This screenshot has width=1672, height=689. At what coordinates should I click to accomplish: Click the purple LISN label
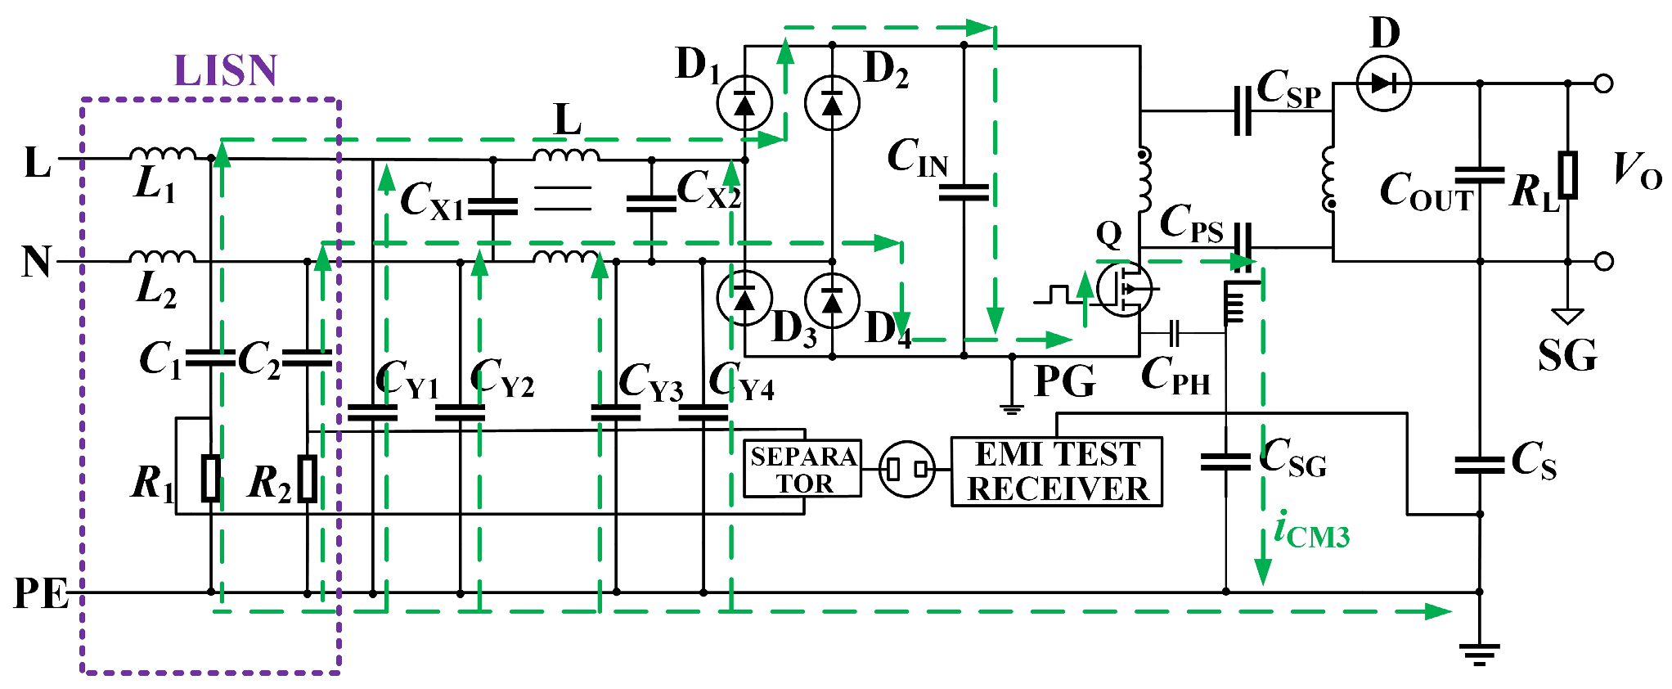(x=226, y=71)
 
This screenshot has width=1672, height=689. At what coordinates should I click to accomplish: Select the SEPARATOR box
(x=802, y=469)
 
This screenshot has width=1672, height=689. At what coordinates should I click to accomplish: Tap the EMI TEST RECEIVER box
(x=1056, y=472)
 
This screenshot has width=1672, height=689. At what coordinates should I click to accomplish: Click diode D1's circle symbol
(x=744, y=103)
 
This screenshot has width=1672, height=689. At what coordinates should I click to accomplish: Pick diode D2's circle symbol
(x=832, y=103)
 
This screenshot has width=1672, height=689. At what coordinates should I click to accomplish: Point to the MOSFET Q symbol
(x=1123, y=289)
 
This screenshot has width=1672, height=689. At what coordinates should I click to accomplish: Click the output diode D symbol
(x=1383, y=83)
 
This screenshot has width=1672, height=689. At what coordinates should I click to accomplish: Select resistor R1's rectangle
(x=211, y=478)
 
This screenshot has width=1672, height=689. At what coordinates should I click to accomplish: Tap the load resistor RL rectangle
(x=1567, y=174)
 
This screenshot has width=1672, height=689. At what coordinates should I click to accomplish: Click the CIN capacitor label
(x=917, y=157)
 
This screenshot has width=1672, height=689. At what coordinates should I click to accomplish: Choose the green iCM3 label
(x=1311, y=530)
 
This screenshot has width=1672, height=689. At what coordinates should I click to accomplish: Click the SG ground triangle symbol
(x=1567, y=316)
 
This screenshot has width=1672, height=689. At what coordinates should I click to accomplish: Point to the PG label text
(x=1064, y=381)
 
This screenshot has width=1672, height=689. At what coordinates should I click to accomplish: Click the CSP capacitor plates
(x=1243, y=110)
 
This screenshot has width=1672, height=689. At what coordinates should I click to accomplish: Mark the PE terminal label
(x=41, y=593)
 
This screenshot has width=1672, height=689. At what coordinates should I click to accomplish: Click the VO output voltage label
(x=1635, y=171)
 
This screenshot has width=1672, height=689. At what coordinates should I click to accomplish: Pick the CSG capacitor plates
(x=1225, y=462)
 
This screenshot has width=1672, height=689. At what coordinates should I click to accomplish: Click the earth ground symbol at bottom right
(x=1479, y=653)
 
